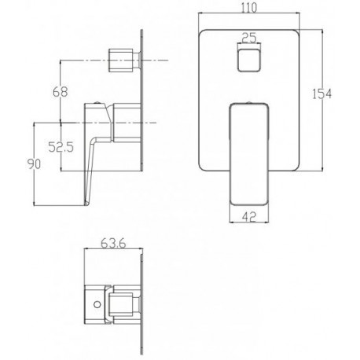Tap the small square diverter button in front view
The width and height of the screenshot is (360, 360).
tap(250, 61)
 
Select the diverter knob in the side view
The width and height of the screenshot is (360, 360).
tap(123, 60)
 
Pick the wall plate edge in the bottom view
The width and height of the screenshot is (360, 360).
tap(141, 303)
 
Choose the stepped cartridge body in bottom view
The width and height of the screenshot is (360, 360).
tap(122, 303)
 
